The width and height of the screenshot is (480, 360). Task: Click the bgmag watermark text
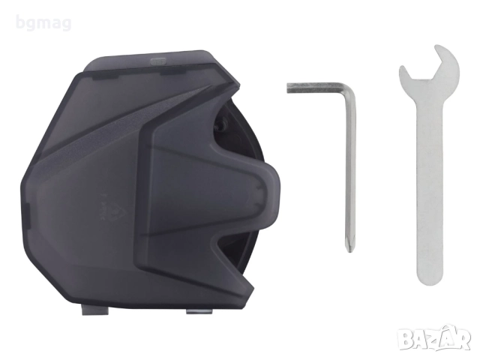[43, 23]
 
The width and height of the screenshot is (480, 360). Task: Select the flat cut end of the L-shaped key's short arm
[288, 88]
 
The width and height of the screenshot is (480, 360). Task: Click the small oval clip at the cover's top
[158, 61]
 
